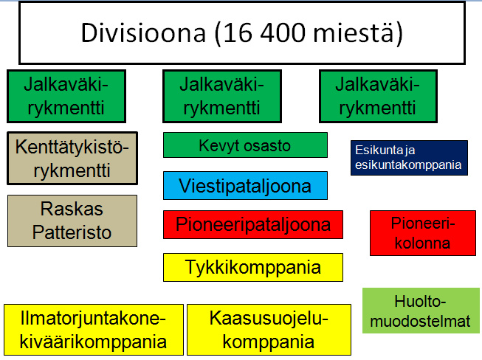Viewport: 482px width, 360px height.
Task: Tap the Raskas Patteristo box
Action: point(72,221)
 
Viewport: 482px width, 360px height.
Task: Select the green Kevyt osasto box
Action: point(245,145)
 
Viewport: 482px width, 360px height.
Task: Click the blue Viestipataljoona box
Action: point(245,185)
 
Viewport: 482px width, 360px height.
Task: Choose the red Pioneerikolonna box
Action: point(421,233)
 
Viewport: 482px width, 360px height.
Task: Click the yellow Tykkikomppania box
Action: point(253,267)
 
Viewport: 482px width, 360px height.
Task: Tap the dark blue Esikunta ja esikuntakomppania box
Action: point(408,157)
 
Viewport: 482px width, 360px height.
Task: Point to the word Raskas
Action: point(72,210)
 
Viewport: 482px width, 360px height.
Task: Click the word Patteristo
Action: point(72,232)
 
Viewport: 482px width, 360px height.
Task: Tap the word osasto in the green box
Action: point(268,145)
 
